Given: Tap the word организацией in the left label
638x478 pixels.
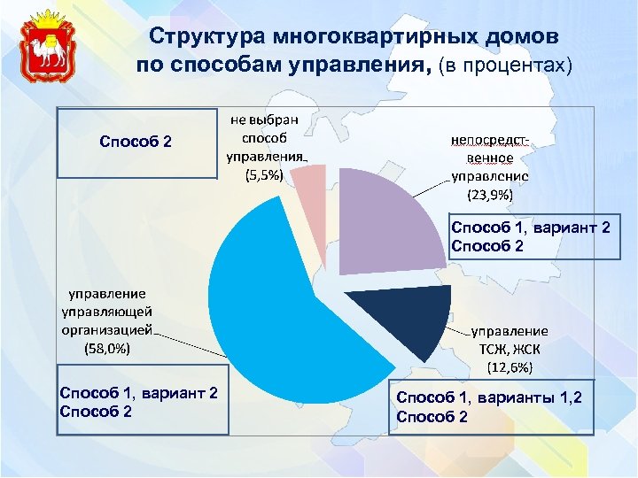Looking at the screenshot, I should coord(105,329).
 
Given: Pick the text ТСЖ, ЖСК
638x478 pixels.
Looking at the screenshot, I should coord(509,348).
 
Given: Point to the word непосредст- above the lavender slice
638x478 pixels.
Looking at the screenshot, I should coord(490,140).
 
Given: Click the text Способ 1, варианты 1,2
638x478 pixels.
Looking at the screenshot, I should coord(489,398).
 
